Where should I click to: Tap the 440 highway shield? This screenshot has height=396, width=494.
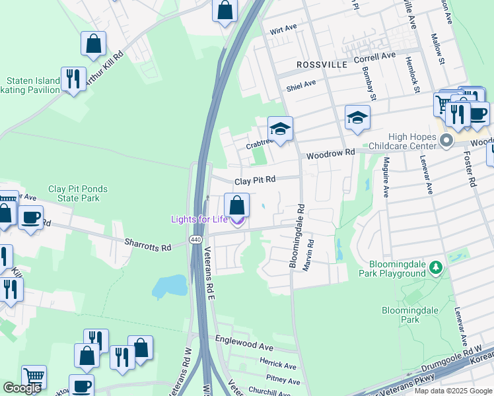click(195, 240)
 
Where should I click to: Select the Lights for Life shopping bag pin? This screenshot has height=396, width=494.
click(237, 206)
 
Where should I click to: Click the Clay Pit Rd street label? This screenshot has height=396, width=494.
click(255, 180)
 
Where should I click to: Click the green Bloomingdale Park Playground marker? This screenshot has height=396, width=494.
click(435, 267)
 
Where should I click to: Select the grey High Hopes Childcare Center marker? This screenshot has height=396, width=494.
click(446, 140)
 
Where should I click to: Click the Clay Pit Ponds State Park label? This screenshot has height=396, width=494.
click(77, 193)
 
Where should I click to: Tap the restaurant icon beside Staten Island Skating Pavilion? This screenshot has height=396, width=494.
click(73, 80)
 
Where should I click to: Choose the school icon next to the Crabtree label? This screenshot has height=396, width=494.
click(280, 129)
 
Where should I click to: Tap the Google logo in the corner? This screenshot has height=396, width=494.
click(22, 387)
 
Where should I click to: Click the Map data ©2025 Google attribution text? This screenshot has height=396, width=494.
click(452, 391)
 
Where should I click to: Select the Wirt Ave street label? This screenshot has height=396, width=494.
click(283, 31)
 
